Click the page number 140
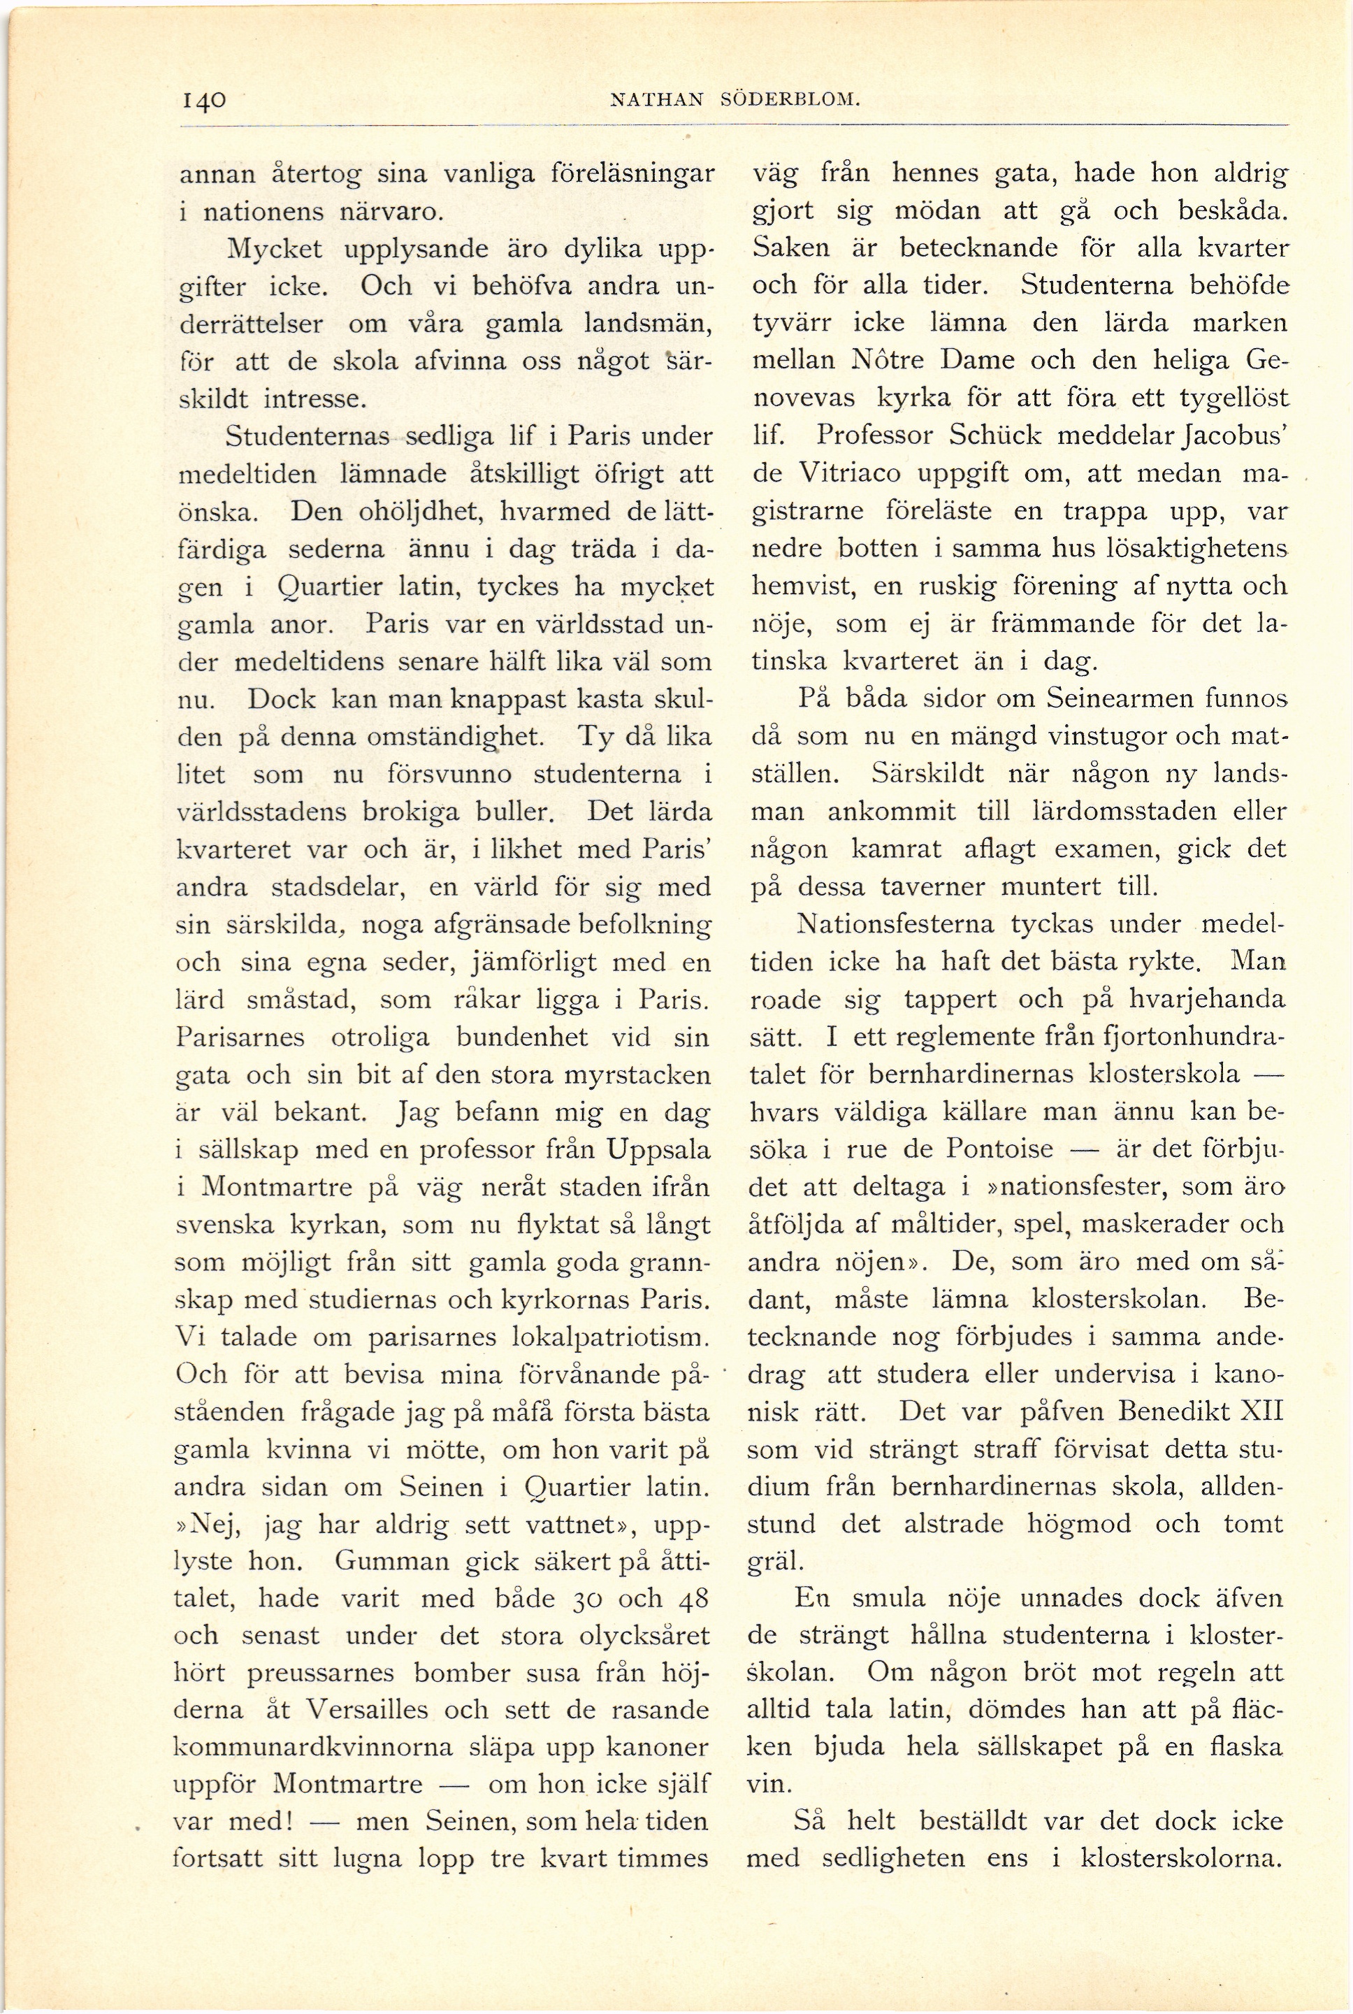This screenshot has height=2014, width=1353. coord(203,99)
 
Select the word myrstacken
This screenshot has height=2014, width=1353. coord(637,1075)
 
